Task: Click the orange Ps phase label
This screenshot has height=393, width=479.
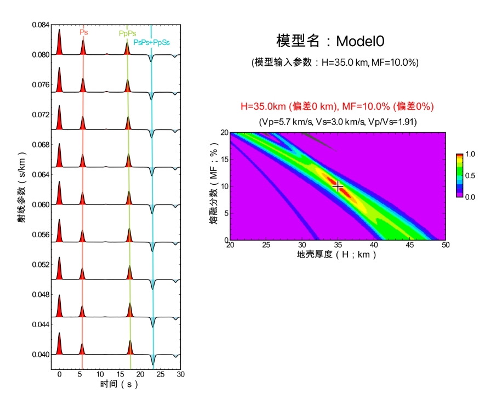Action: (83, 32)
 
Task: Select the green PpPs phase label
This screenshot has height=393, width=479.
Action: (128, 33)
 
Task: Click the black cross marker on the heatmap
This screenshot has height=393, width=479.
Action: (338, 187)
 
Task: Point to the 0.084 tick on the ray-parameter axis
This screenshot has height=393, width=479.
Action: (41, 25)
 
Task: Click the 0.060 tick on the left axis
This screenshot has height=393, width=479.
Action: (41, 204)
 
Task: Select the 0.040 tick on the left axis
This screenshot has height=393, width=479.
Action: (41, 354)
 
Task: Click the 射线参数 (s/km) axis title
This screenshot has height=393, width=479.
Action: (21, 197)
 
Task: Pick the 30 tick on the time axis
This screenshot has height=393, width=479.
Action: (180, 374)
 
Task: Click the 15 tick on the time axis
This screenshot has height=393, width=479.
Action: (120, 374)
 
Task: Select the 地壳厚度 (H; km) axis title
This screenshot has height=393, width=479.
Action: (337, 255)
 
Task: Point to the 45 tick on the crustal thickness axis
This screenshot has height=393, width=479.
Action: (409, 244)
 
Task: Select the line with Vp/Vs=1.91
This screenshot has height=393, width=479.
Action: (338, 122)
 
